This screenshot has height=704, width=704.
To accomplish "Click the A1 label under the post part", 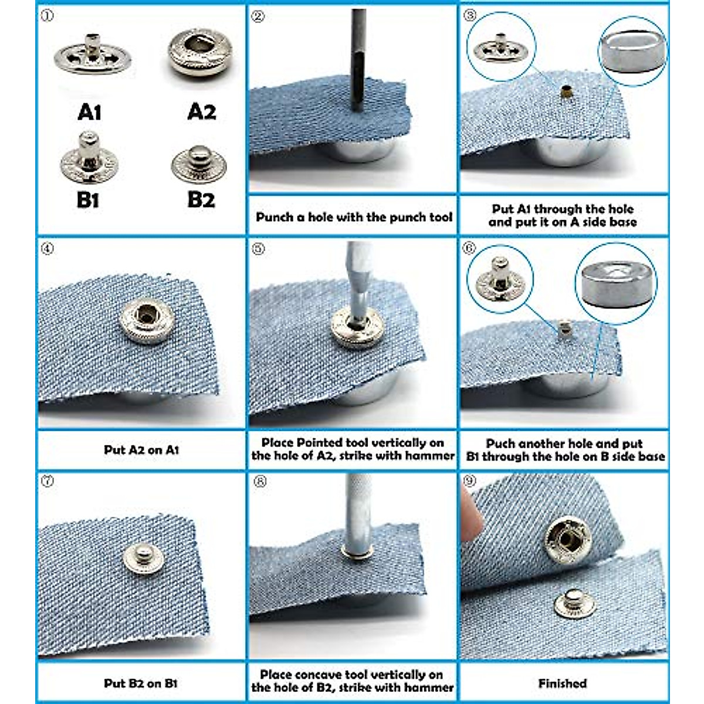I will click(90, 111).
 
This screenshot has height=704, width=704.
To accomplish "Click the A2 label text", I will click(202, 111).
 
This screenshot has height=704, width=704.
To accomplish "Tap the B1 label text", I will click(88, 200).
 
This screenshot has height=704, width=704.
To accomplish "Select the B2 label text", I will click(201, 199).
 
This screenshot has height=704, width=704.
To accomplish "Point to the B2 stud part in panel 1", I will click(199, 164).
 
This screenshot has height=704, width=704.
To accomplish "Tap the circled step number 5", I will click(258, 249).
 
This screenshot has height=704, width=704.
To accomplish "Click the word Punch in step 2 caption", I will click(275, 217).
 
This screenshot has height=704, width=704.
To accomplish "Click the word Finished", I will click(562, 683).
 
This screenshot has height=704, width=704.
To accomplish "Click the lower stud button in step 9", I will click(571, 603).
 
